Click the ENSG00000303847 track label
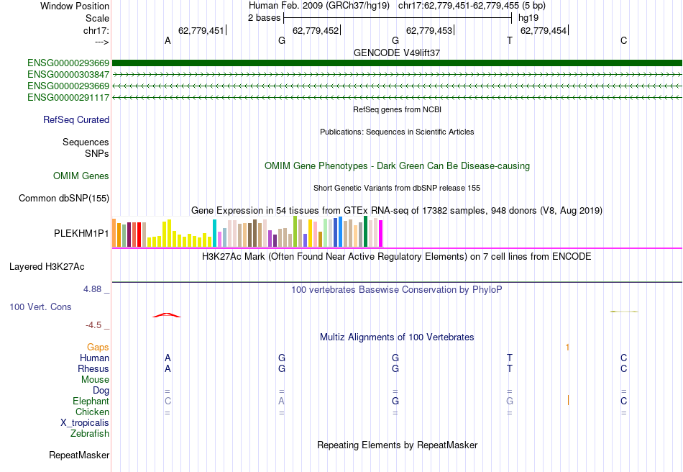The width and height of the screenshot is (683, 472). click(x=68, y=74)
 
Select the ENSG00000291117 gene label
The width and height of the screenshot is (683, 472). click(x=68, y=97)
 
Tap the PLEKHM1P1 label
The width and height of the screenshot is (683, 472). click(x=81, y=234)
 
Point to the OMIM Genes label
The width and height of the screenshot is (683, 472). click(x=81, y=176)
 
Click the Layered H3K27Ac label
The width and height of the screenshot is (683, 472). click(x=47, y=267)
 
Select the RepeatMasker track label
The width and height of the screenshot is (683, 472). click(x=79, y=455)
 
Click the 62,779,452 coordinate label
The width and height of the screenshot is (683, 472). click(x=315, y=30)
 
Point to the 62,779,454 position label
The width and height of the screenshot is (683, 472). click(x=543, y=30)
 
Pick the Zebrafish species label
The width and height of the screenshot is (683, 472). click(x=90, y=434)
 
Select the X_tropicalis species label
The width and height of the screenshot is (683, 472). click(x=85, y=423)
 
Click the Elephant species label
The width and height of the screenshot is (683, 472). click(x=91, y=401)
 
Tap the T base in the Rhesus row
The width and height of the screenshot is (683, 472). click(x=510, y=369)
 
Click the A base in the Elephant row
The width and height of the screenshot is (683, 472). click(x=282, y=401)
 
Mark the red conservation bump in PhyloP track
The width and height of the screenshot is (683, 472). click(x=167, y=315)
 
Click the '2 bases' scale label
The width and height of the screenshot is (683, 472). click(x=265, y=18)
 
